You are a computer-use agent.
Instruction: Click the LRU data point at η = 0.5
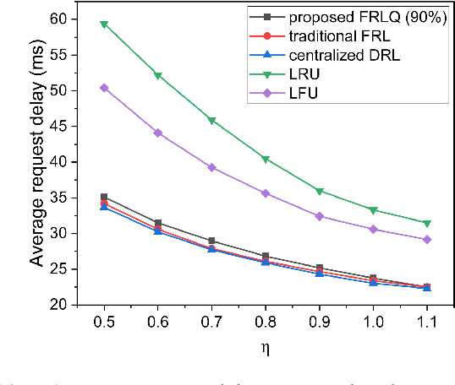click(104, 24)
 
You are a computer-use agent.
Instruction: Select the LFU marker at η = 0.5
click(104, 88)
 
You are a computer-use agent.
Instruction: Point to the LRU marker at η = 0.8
click(266, 159)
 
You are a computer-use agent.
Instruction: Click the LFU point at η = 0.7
click(211, 167)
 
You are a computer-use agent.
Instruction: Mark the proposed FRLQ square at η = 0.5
click(104, 197)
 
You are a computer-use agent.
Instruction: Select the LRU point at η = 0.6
click(157, 75)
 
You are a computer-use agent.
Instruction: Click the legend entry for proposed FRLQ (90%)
click(354, 17)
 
